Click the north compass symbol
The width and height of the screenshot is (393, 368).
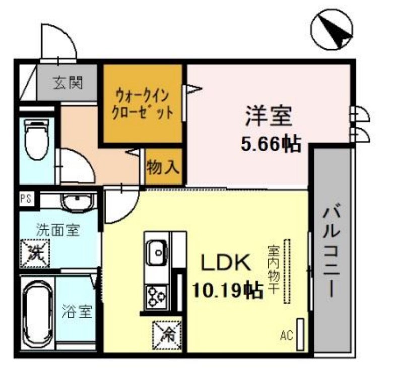(x=332, y=30)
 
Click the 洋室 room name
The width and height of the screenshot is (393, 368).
(x=269, y=117)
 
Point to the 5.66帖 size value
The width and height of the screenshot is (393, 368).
(x=271, y=145)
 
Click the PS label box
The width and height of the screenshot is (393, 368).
(x=25, y=198)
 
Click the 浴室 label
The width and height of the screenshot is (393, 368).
(x=78, y=312)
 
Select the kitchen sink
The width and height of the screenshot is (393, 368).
(x=157, y=249)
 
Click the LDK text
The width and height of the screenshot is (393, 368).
(x=226, y=263)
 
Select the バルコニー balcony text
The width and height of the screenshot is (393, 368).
(x=331, y=251)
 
